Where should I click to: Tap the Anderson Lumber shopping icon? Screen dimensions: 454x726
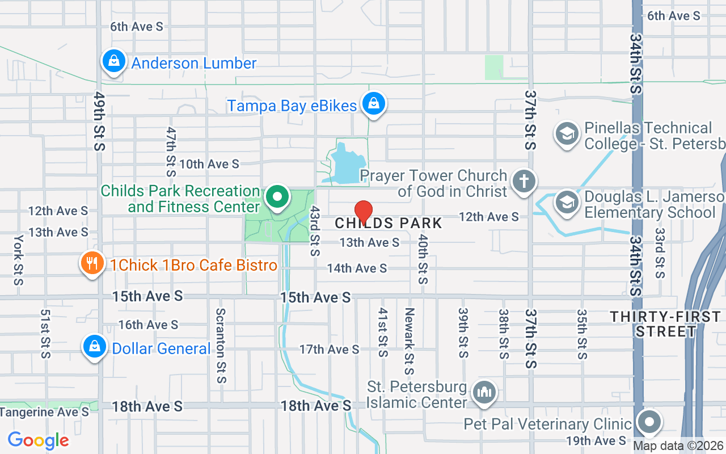click(113, 62)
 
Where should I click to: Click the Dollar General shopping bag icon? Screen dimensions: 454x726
click(95, 347)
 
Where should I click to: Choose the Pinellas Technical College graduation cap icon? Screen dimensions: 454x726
click(567, 134)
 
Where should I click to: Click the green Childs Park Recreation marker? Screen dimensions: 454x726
click(277, 198)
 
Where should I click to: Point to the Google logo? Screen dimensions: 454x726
click(38, 440)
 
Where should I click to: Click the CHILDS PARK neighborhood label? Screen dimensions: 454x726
click(389, 223)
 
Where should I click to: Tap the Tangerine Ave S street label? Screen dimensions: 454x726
click(45, 412)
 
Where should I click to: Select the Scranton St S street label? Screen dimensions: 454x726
click(221, 345)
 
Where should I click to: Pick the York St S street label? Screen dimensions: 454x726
click(19, 260)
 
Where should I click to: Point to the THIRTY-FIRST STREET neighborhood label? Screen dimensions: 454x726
click(665, 324)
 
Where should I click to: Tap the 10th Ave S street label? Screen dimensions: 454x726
click(209, 164)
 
